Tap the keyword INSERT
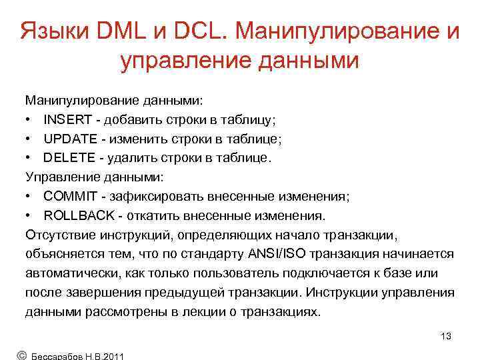[x=65, y=120]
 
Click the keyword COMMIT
[x=68, y=197]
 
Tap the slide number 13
[x=446, y=336]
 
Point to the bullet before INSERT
[x=30, y=120]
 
